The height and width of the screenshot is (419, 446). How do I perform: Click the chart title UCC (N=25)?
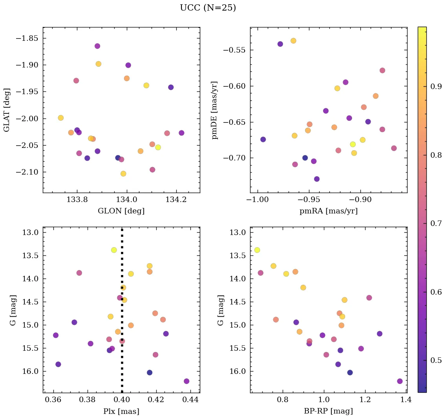coord(208,8)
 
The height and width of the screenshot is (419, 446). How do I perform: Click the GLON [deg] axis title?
coord(121,211)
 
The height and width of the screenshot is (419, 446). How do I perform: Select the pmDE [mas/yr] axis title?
coord(215,110)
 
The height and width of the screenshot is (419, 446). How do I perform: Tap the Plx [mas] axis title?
coord(121,411)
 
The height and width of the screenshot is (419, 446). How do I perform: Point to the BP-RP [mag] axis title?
coord(328,411)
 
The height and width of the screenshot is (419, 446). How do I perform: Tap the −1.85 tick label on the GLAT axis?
coord(27,38)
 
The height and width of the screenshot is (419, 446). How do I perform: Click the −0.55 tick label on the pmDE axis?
coord(234,50)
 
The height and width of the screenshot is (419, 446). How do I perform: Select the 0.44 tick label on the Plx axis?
coord(191,401)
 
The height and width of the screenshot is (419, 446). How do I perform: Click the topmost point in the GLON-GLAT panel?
coord(97,46)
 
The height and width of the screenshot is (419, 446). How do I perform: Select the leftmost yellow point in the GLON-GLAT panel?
coord(60,118)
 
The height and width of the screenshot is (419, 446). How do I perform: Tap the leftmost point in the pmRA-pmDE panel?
coord(263,139)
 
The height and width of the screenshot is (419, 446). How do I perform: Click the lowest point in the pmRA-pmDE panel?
coord(317,179)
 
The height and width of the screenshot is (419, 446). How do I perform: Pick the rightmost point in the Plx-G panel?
coord(186,381)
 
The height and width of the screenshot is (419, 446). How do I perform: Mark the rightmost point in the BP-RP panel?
coord(400,381)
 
